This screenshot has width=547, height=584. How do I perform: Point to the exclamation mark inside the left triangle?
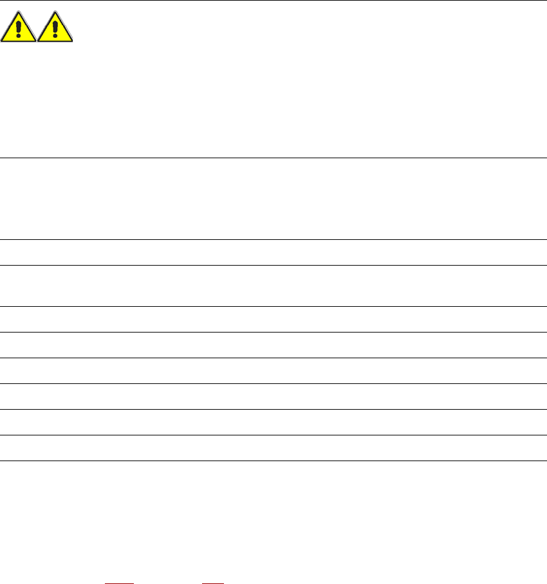[19, 30]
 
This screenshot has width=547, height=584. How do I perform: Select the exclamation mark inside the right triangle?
[56, 30]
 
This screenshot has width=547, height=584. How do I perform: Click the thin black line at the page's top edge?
[273, 1]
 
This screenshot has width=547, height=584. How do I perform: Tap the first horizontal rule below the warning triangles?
[273, 158]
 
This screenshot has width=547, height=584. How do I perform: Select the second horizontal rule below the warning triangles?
[273, 240]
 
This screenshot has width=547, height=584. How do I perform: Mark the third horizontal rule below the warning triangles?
[273, 265]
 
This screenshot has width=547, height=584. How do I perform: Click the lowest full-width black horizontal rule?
[273, 461]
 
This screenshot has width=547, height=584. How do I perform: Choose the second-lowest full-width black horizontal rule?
[273, 435]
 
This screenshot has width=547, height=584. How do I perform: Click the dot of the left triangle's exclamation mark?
[19, 37]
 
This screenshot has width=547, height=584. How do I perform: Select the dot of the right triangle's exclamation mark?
[56, 37]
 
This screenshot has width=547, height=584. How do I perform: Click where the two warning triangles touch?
[37, 42]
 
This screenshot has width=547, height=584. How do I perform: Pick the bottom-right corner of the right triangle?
[73, 42]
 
